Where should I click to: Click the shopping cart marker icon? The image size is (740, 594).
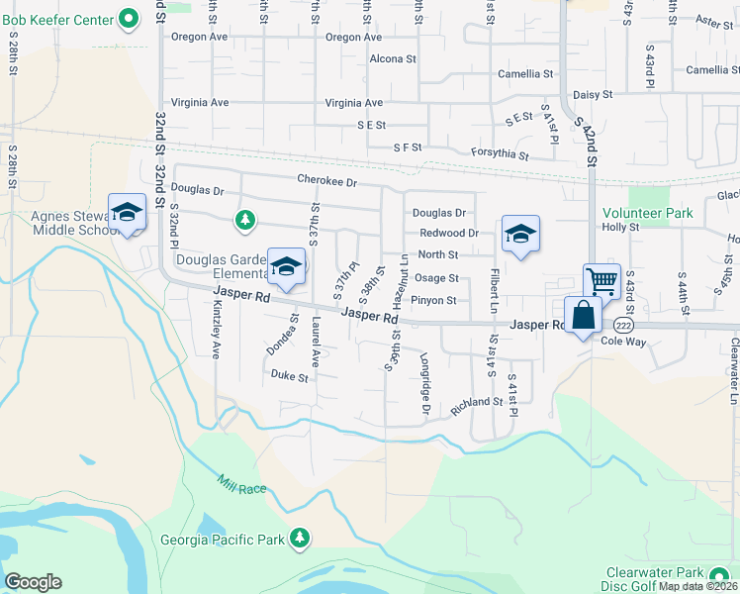tap(601, 280)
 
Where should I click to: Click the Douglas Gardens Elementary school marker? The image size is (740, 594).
tap(287, 265)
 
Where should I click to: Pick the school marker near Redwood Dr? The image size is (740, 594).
tap(520, 234)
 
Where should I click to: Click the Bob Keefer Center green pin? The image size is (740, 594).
tap(129, 18)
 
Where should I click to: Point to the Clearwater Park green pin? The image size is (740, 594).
tap(719, 574)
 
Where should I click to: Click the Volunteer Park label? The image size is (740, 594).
tap(649, 212)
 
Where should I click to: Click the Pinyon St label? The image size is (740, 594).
tap(433, 300)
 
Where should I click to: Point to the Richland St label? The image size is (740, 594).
tap(478, 403)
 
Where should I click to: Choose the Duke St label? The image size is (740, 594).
tap(290, 377)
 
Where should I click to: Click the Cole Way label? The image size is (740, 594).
tap(623, 340)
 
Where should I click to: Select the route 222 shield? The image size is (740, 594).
tap(622, 325)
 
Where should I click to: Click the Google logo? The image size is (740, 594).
tap(33, 581)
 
